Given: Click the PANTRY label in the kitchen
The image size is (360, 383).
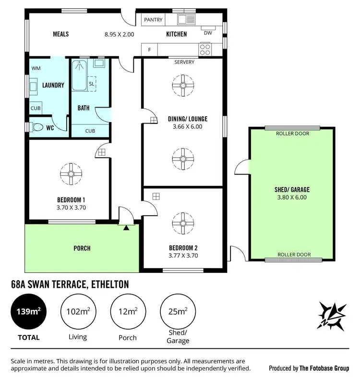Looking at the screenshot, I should pos(154,20).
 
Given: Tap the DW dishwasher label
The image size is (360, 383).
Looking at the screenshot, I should pos(208,33).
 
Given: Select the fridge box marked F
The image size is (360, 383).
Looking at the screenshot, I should pos(149,50).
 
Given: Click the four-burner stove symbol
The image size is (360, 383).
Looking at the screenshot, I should pos(205,49).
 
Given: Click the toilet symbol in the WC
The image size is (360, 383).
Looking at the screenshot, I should pos(36,128).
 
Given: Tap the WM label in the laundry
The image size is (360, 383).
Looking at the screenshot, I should pos(36,69).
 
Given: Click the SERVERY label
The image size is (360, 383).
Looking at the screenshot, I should pos(184,62).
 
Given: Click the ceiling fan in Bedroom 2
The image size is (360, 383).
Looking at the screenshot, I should pos(183,221).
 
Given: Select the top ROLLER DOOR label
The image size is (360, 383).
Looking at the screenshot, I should pos(293,134).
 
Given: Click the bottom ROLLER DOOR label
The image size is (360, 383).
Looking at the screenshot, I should pos(293,255).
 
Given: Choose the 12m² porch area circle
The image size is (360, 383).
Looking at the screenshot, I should pos(127,312).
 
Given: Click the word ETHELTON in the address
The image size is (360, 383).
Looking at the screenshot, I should pos(110,284).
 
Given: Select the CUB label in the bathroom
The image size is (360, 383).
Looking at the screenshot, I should pos(90,131).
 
